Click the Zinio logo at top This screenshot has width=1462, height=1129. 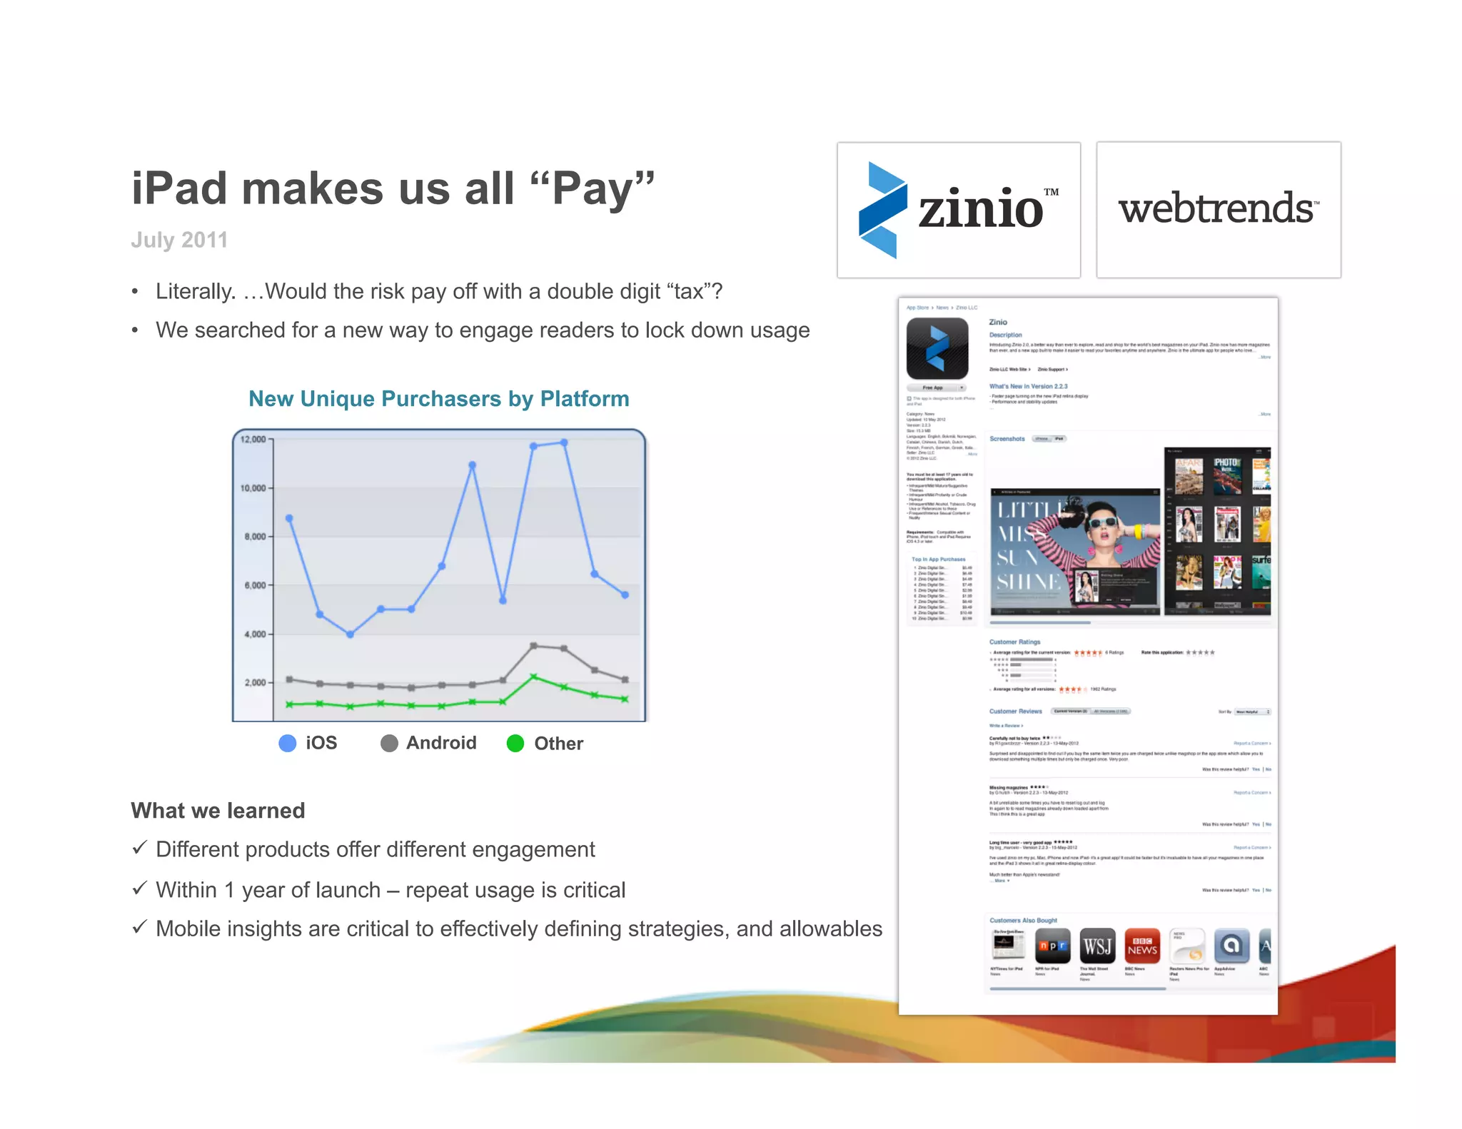[x=958, y=209]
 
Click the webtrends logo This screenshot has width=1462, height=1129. [x=1218, y=209]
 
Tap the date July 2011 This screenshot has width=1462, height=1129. [x=179, y=240]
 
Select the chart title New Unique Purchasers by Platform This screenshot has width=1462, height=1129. [x=438, y=398]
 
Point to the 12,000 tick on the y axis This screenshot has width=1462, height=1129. [x=253, y=439]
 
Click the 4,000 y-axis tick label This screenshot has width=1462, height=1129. [x=255, y=634]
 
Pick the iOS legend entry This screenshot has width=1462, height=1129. [x=308, y=743]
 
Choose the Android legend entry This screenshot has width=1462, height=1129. [x=428, y=743]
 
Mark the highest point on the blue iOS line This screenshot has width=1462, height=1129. [x=564, y=442]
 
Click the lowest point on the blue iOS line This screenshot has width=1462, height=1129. [x=350, y=634]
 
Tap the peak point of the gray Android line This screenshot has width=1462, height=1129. [x=533, y=646]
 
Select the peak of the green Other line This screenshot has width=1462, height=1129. [x=533, y=676]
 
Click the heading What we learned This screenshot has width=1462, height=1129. [x=218, y=810]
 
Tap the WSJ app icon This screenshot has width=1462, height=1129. [x=1097, y=946]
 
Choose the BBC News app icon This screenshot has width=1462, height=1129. [x=1142, y=946]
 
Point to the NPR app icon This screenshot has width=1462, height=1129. [x=1053, y=946]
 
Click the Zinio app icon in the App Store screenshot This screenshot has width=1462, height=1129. [x=937, y=348]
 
